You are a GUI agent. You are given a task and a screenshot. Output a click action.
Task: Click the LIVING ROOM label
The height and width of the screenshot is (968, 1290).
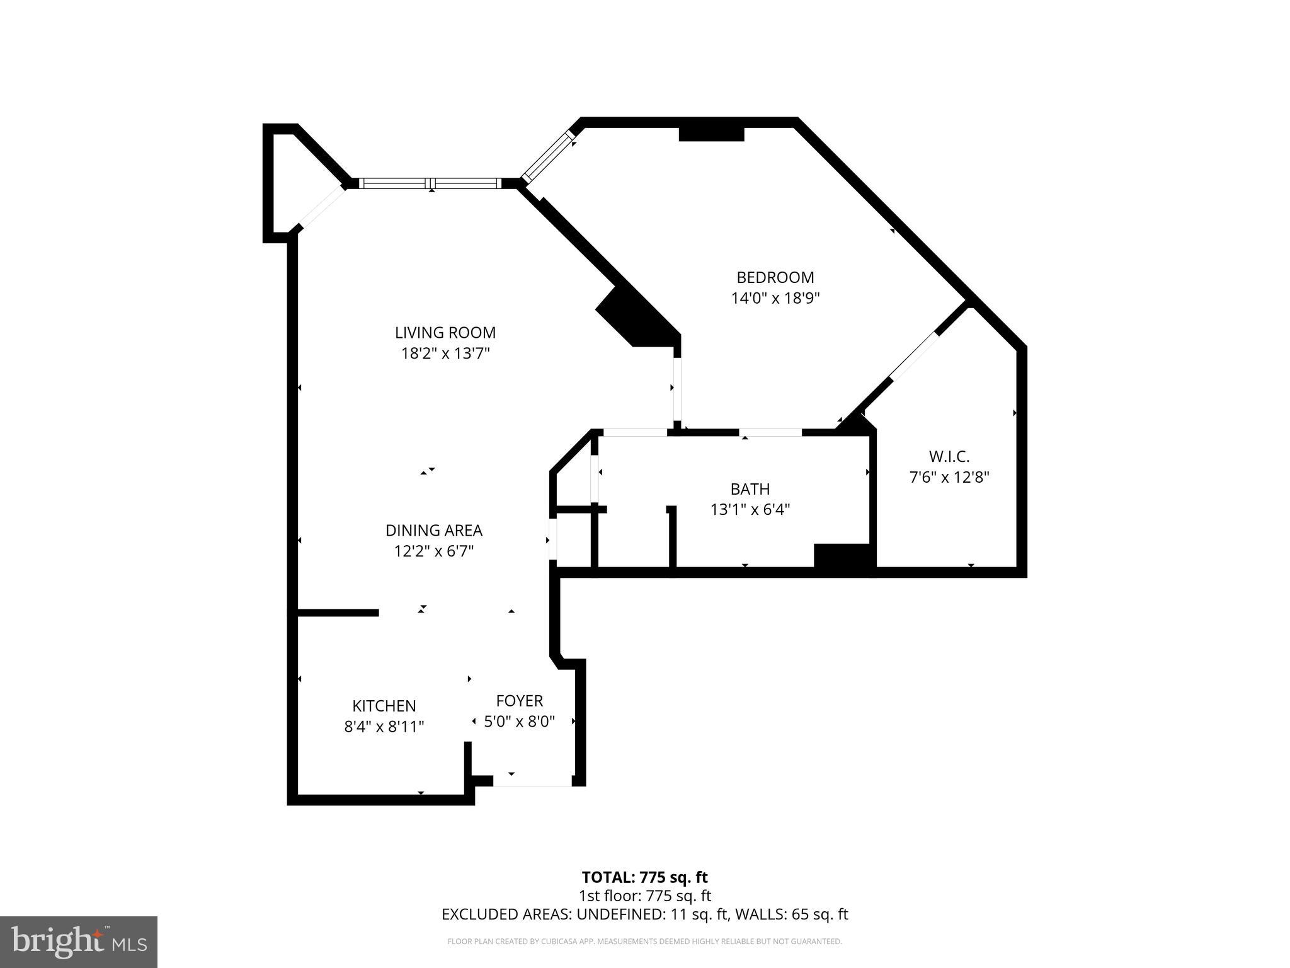point(445,332)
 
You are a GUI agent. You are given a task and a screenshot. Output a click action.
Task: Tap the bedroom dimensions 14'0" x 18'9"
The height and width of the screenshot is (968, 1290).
point(775,298)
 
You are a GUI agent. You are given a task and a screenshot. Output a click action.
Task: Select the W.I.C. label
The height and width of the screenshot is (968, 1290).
point(949,456)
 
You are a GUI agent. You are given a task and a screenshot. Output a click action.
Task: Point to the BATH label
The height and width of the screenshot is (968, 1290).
point(750,488)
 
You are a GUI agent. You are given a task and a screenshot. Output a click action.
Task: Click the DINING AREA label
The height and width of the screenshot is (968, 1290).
point(433,530)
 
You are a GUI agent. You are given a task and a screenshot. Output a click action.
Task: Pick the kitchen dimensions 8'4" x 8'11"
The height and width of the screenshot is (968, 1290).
point(384,727)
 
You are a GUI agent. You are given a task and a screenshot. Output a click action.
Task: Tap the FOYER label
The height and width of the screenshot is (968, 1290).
point(519,700)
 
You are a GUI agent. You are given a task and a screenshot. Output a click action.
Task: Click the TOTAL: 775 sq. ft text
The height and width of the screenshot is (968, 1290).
point(644,877)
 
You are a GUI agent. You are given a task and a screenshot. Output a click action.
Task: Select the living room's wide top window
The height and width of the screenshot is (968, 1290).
point(431,183)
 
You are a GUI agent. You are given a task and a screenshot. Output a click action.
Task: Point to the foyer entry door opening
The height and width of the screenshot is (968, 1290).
point(532,781)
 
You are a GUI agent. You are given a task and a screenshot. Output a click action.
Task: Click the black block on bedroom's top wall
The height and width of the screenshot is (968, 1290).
point(711,134)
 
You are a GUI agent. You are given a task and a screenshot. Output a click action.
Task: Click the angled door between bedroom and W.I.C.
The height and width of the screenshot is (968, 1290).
point(913,355)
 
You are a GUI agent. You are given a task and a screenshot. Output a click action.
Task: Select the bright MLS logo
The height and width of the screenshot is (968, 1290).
point(79,942)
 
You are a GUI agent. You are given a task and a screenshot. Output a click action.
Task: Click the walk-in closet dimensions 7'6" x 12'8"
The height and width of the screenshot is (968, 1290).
point(949,477)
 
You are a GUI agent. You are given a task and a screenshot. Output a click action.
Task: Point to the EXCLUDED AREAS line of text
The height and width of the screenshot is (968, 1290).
point(644,914)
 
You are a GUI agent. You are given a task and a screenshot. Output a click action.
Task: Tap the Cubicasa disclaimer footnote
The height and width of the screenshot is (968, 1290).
point(644,942)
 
